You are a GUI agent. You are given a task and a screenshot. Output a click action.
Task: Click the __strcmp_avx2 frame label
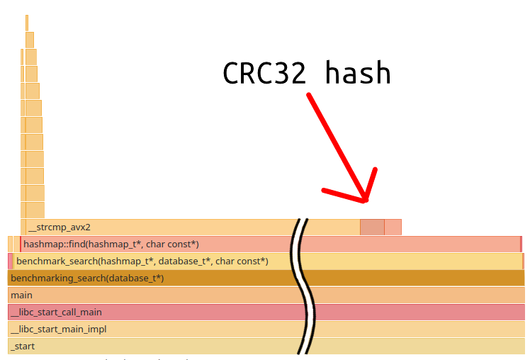click(60, 227)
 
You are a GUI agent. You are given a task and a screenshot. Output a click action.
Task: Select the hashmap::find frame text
click(111, 244)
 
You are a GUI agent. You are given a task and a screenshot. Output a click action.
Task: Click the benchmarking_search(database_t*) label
click(87, 279)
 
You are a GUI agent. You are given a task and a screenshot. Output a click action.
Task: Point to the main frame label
click(21, 296)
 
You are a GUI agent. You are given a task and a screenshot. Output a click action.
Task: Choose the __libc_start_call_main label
click(56, 313)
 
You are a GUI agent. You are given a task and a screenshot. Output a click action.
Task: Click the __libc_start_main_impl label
click(58, 330)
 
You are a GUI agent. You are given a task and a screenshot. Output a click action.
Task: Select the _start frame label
click(23, 347)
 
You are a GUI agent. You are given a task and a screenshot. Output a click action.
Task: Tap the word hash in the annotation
click(358, 73)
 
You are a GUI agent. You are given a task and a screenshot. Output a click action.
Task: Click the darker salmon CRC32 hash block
click(372, 227)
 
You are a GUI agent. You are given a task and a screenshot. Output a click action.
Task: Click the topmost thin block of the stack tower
click(27, 23)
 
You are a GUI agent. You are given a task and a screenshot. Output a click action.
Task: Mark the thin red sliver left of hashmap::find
click(21, 244)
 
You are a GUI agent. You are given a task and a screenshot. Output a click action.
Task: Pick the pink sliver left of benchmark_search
click(11, 261)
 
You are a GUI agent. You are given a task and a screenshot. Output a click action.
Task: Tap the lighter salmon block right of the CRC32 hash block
click(393, 227)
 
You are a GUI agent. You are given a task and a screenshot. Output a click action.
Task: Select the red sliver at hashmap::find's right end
click(521, 244)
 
